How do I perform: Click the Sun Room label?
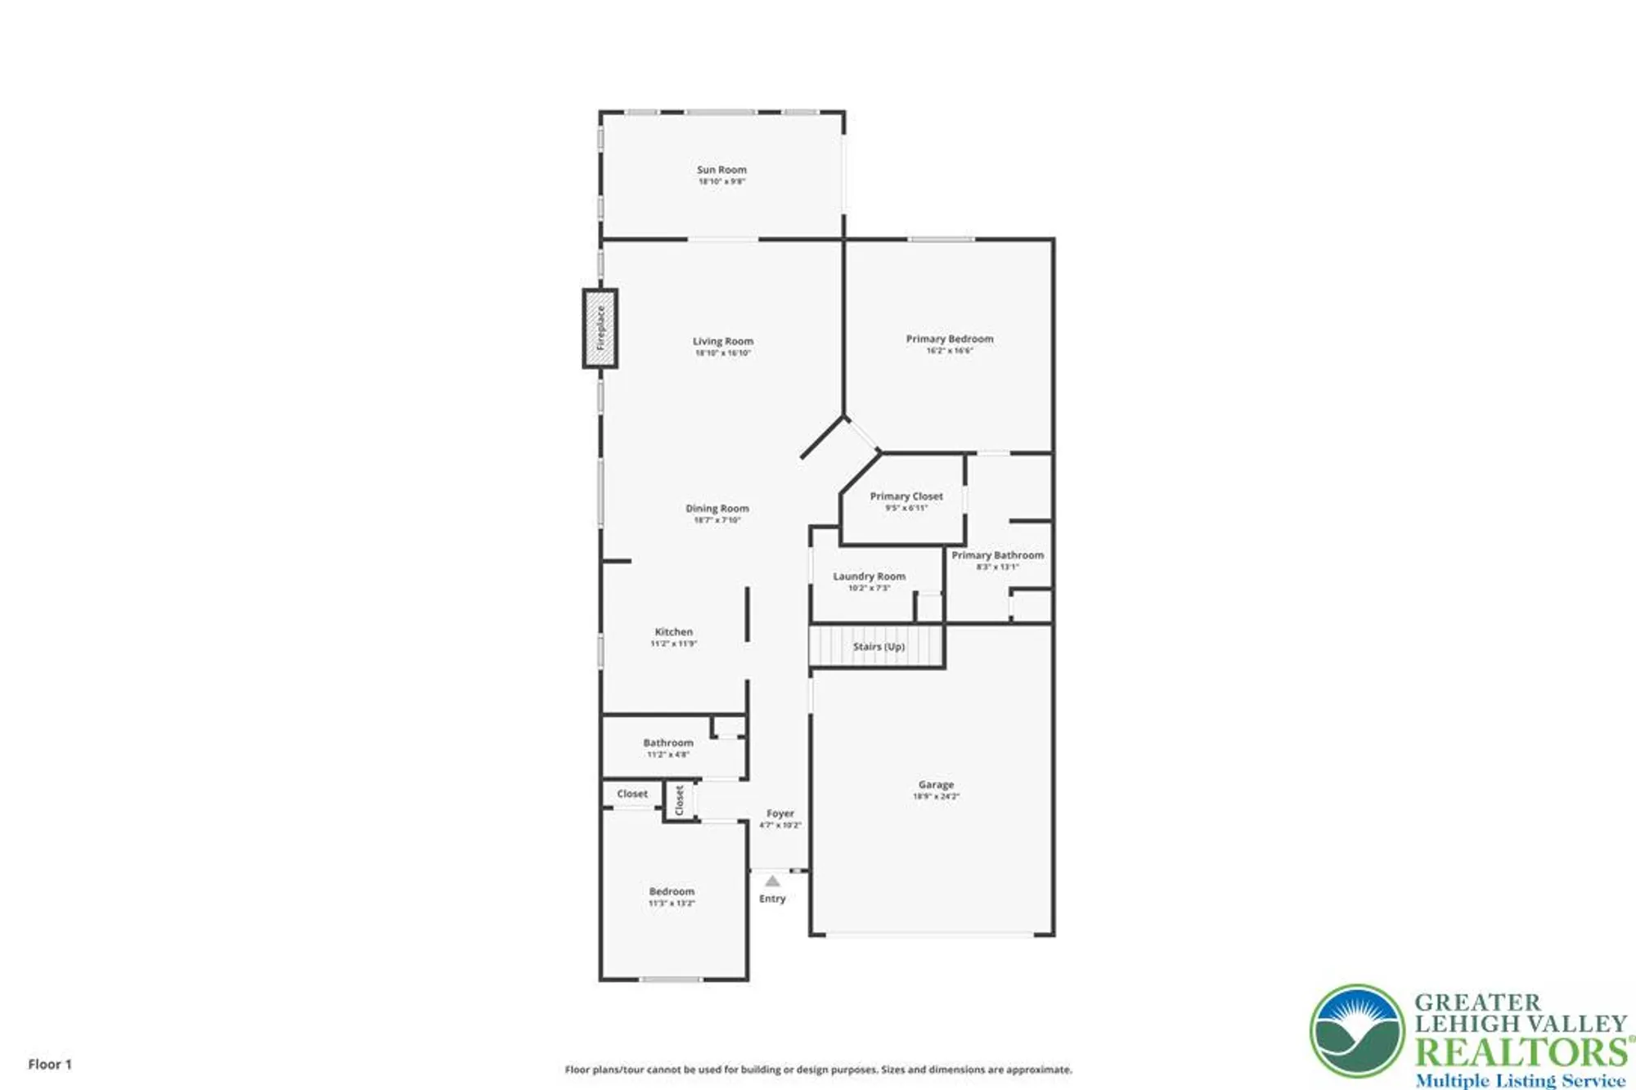coord(721,170)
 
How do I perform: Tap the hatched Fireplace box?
coord(600,329)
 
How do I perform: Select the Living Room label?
coord(723,342)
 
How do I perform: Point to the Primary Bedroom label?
coord(950,339)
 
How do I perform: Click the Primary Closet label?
coord(906,496)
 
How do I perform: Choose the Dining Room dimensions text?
coord(717,520)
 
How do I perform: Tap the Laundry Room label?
coord(869,576)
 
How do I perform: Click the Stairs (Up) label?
coord(879,647)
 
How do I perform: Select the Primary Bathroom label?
coord(997,555)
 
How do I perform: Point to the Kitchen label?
coord(673,632)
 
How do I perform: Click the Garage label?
coord(936,785)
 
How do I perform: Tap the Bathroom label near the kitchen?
coord(668,743)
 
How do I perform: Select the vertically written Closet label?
coord(679,801)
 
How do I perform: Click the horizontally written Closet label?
coord(632,794)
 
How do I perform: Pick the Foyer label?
coord(780,814)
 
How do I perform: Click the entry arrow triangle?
coord(772,881)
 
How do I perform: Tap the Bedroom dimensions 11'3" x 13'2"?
coord(672,904)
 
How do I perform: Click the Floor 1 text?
coord(50,1064)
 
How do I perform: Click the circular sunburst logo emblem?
coord(1357,1031)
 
